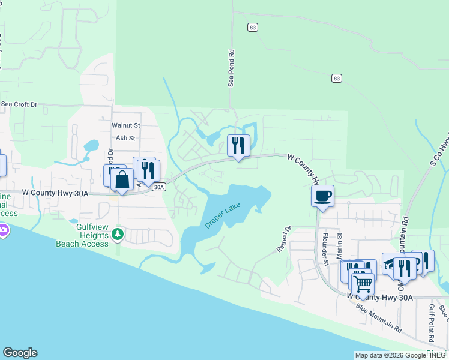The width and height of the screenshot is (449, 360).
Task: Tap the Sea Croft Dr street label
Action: click(19, 104)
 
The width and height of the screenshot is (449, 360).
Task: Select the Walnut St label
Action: click(125, 125)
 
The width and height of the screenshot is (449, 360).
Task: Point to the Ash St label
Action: click(125, 138)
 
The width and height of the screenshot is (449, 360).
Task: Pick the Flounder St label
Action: click(325, 249)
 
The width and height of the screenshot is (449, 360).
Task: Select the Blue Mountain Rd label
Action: click(379, 318)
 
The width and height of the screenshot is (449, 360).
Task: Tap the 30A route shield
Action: click(158, 187)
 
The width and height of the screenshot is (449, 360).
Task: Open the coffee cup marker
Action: click(322, 196)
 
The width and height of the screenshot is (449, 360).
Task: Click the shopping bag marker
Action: click(122, 179)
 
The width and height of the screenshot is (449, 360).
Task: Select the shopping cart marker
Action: click(362, 283)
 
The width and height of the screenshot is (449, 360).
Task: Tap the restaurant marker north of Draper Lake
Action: click(238, 145)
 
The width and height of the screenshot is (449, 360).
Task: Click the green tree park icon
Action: click(119, 233)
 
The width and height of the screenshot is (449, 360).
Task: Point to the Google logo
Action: click(20, 353)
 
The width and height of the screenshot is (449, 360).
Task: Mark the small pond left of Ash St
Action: click(91, 146)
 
